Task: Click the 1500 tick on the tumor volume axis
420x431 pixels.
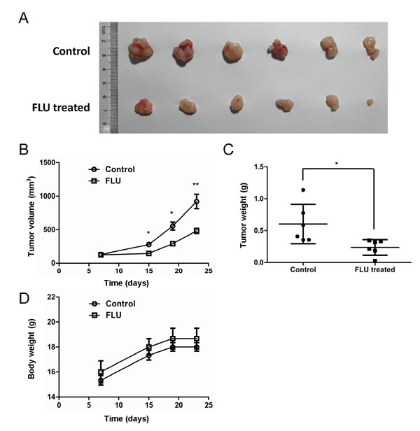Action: pos(48,162)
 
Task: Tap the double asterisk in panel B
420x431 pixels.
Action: pos(196,185)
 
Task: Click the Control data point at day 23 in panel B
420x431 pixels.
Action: pos(197,202)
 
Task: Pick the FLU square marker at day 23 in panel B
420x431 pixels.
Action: pos(197,231)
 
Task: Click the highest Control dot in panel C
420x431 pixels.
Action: pos(303,190)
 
